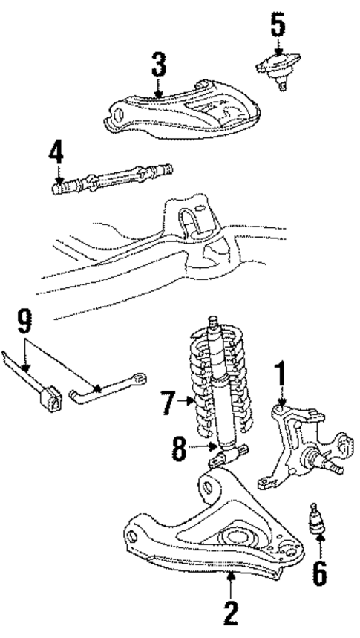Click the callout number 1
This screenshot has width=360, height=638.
point(281,375)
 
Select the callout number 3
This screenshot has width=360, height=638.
point(159,65)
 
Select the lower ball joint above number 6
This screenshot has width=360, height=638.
point(318,518)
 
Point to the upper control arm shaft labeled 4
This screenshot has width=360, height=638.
point(111,180)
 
